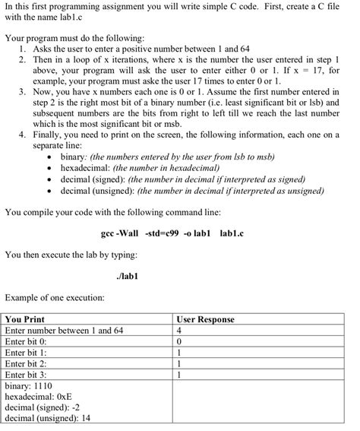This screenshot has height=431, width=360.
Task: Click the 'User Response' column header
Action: [x=205, y=320]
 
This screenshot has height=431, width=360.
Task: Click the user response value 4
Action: [x=179, y=331]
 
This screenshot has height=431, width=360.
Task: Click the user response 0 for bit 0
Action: [x=179, y=341]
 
